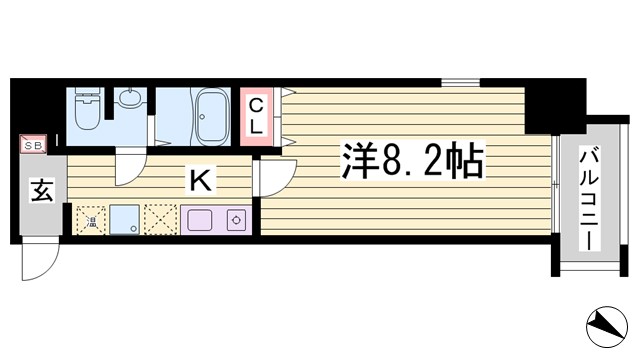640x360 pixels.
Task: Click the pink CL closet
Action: point(255,117)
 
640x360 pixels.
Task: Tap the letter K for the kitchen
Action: point(200,181)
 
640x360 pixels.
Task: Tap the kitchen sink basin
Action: point(195,218)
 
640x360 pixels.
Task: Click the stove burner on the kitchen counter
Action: point(237,218)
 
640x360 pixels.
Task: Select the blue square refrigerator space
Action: point(124,218)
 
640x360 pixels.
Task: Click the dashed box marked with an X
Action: point(159,218)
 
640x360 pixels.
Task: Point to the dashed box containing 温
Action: point(90,218)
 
